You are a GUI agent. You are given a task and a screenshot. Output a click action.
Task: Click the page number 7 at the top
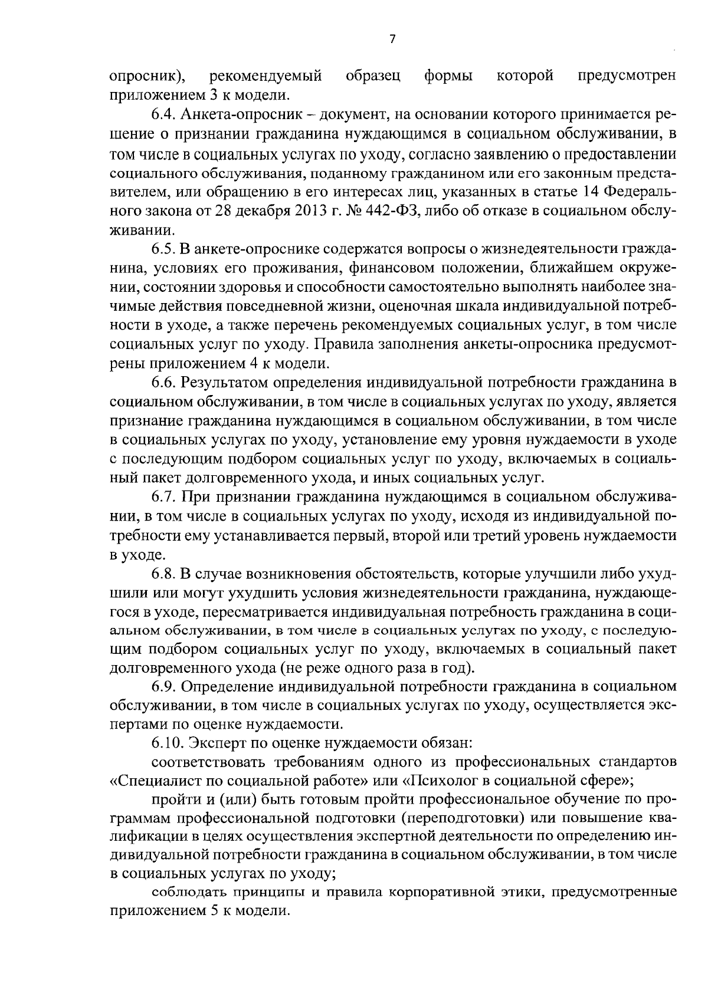coord(392,39)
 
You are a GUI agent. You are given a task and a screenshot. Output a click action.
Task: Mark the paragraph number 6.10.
coord(167,745)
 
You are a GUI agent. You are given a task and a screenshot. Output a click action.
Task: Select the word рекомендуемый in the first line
coord(266,76)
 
